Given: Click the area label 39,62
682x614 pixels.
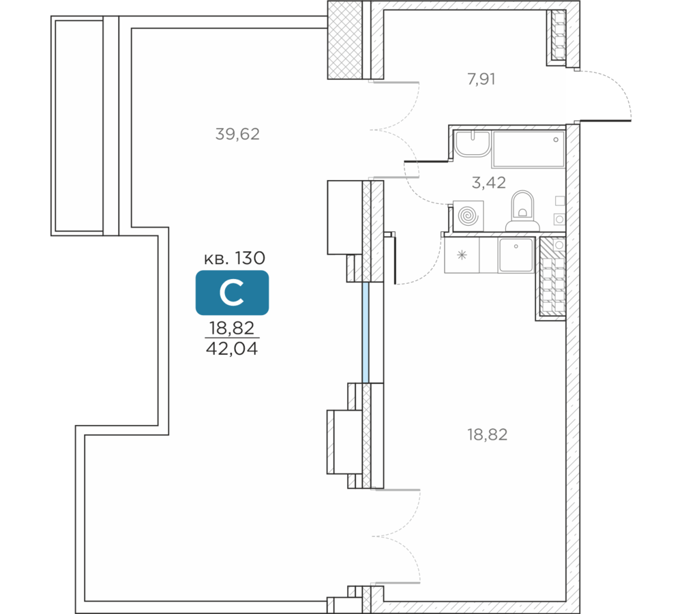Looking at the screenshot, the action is click(237, 134).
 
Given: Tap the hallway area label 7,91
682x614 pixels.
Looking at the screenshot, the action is click(481, 79).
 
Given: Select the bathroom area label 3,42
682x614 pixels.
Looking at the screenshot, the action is click(489, 183).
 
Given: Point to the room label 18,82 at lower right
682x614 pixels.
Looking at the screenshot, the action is click(487, 435).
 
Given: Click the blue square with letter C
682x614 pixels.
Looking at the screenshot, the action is click(233, 293).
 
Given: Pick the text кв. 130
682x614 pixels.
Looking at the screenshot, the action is click(235, 259).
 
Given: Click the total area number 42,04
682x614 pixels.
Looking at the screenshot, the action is click(232, 349).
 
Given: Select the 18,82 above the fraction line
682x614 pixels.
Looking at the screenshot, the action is click(232, 328).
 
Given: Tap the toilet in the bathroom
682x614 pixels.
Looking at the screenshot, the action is click(522, 211).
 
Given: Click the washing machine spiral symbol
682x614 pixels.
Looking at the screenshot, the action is click(468, 216).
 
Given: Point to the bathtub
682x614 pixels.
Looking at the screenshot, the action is click(528, 149).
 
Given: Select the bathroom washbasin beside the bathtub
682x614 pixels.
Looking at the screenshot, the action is click(473, 143).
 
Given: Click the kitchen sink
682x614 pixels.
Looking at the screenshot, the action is click(516, 255).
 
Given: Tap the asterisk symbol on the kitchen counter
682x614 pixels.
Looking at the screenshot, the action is click(462, 254).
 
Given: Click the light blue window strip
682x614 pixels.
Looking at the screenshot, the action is click(366, 332).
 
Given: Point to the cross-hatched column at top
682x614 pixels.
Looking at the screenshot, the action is click(345, 40).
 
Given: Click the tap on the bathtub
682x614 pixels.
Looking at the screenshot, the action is click(556, 140).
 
